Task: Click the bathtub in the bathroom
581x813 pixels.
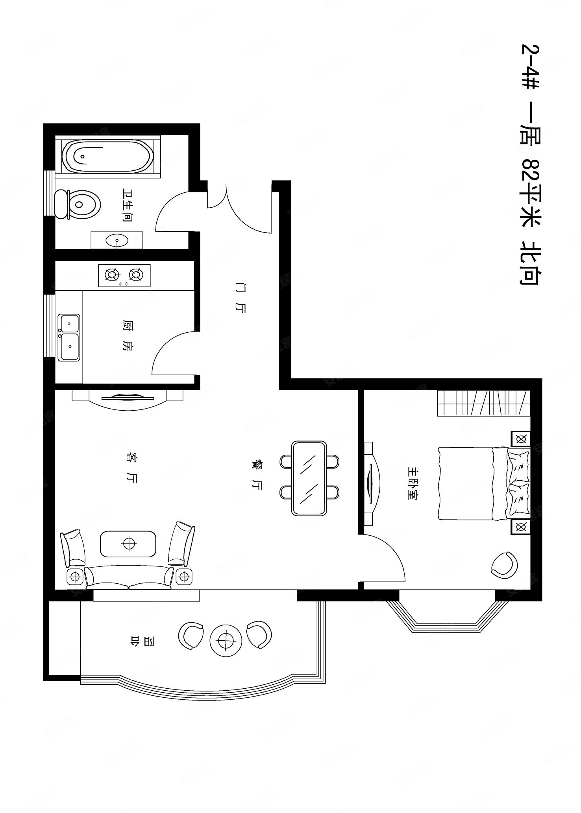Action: coord(107,156)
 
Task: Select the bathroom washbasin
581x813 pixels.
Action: coord(117,240)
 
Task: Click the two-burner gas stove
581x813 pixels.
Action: coord(124,275)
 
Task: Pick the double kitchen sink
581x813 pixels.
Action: coord(69,337)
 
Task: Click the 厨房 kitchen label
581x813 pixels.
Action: coord(128,336)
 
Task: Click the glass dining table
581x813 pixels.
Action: coord(309,478)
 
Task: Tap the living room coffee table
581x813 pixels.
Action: coord(128,544)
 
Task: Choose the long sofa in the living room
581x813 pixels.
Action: coord(129,577)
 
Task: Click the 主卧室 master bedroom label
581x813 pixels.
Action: coord(413,483)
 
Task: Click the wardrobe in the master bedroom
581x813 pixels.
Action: coord(484,404)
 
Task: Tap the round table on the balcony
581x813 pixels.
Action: coord(226,641)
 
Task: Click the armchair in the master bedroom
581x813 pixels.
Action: coord(504,565)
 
